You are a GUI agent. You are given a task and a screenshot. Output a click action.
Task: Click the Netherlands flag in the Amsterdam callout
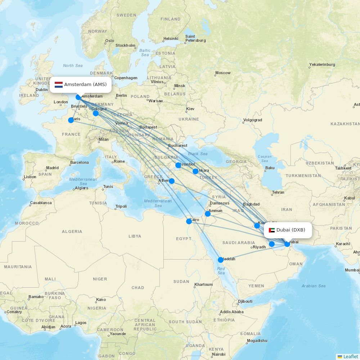pos(59,85)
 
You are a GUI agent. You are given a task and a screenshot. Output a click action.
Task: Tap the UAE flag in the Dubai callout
pos(272,230)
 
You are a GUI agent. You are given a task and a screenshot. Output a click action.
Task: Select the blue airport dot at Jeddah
pos(221,260)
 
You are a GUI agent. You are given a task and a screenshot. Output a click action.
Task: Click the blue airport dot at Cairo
pos(189,221)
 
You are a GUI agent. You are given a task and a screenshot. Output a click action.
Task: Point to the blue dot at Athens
pos(172,181)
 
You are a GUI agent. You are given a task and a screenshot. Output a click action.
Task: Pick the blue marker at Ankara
pos(195,171)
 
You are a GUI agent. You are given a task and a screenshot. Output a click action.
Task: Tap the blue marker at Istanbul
pos(178,165)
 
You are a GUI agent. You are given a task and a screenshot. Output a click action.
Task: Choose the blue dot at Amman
pos(208,214)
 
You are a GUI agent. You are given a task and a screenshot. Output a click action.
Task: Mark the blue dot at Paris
pos(71,120)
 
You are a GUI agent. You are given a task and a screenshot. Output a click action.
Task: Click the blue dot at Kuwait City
pos(257,226)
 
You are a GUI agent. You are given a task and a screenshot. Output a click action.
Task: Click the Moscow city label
pos(223,73)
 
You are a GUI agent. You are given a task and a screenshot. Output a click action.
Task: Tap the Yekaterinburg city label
pos(322,65)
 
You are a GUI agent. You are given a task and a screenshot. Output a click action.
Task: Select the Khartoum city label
pos(203,284)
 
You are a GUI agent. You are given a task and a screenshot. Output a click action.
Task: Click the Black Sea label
pos(198,154)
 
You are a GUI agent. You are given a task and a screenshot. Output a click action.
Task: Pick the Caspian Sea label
pos(265,158)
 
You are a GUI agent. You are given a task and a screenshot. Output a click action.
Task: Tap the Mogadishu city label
pos(257,341)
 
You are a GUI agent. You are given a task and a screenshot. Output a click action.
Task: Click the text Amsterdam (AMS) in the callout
pos(85,85)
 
